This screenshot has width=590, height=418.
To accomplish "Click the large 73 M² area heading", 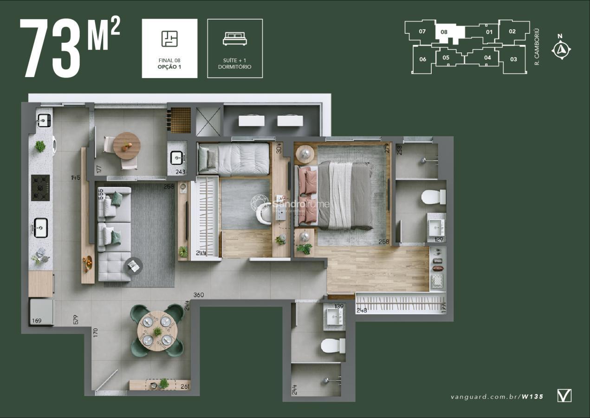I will pos(70,48).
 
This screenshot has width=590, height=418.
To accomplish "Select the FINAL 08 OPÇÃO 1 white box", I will pos(169,48).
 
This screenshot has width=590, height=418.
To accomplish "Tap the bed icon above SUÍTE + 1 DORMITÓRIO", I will pos(235,39).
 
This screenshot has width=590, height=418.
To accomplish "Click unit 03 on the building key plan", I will pos(513,59).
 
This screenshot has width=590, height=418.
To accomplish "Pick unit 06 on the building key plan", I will pos(422,59).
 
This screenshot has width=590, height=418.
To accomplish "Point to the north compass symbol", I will pos(562,49).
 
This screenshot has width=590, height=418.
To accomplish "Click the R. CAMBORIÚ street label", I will pos(537,47).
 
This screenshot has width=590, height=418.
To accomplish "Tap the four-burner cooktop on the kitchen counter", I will pos(40,188).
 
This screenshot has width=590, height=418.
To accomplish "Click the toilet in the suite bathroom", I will pos(434,197).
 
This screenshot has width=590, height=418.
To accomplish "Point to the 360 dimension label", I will pos(199,295).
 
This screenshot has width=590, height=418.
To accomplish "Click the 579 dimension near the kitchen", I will pos(76,320).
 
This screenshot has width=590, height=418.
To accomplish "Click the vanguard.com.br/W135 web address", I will pos(497,397).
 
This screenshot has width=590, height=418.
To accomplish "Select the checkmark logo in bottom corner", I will pos(564,396).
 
